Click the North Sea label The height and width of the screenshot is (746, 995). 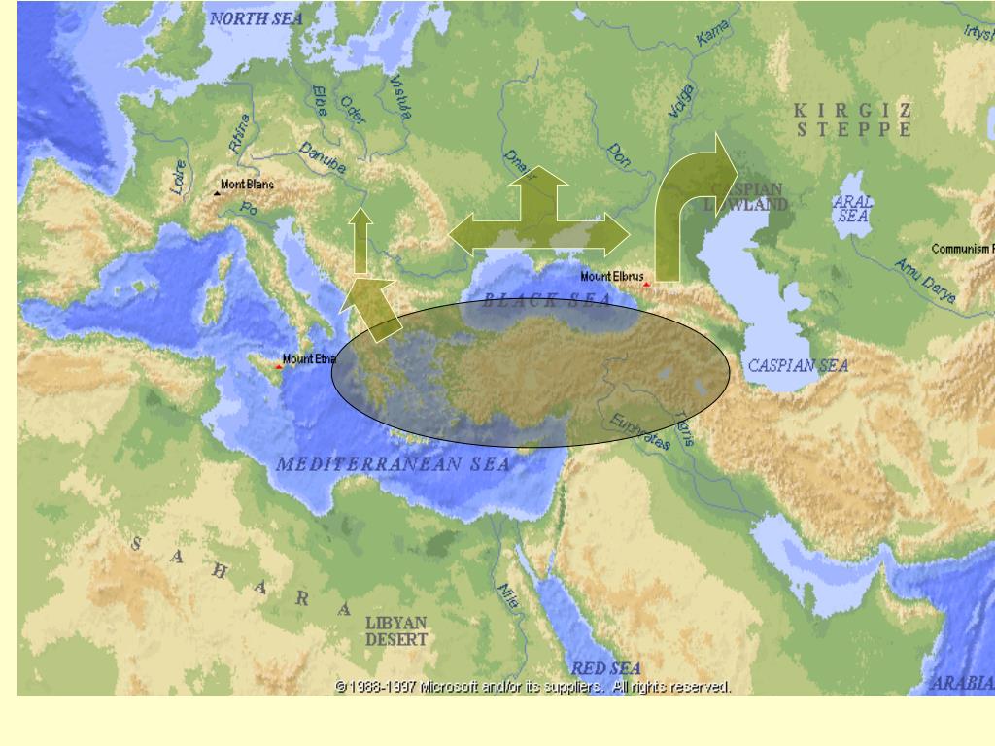(257, 18)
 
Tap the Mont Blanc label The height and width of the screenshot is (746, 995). (247, 185)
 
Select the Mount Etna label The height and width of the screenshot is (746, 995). (309, 359)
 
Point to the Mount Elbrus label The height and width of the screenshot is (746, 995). (612, 277)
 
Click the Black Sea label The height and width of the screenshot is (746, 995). (548, 300)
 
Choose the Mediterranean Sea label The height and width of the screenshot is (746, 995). (393, 464)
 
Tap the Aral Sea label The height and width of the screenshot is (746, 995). (853, 209)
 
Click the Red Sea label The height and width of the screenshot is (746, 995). (605, 668)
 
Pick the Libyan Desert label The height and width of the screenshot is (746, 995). (396, 630)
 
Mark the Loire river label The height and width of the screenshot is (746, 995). (179, 178)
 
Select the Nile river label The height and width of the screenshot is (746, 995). (508, 595)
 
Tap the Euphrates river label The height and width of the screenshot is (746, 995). (641, 431)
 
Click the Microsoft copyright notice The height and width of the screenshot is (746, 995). (532, 687)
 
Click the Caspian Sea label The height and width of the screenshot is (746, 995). (798, 366)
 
